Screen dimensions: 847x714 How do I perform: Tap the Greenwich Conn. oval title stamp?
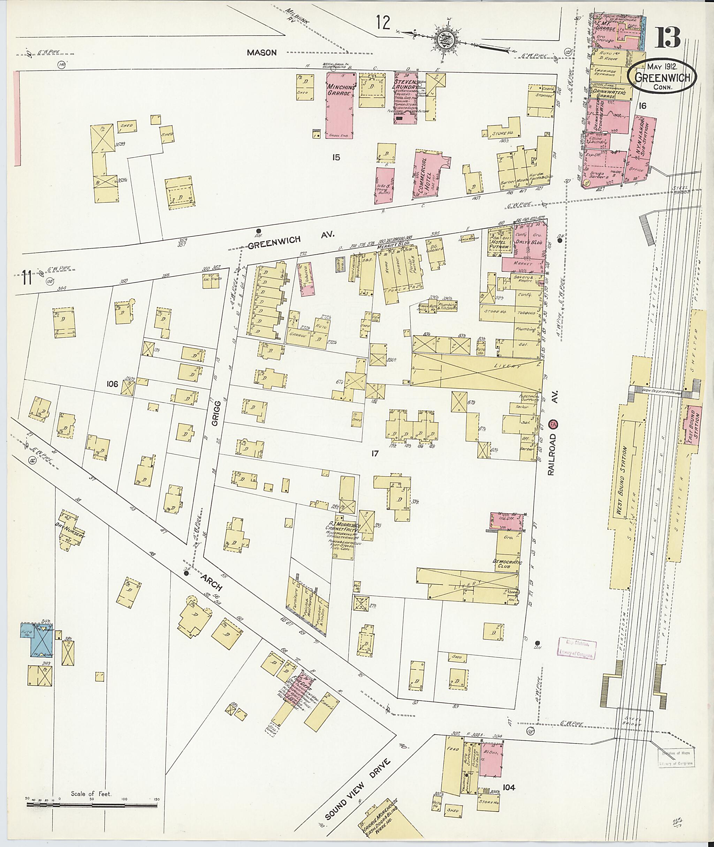[662, 77]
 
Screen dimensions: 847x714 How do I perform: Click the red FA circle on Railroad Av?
[553, 424]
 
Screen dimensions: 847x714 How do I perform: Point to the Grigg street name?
[217, 413]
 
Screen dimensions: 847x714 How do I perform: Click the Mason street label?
[262, 52]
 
